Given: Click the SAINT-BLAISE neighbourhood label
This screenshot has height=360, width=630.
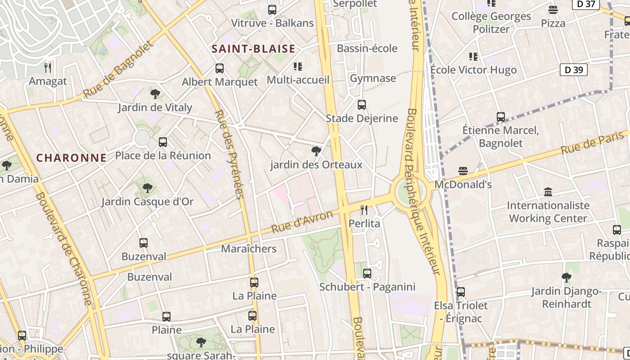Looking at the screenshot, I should (253, 49).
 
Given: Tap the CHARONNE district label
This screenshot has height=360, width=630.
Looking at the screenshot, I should (71, 158).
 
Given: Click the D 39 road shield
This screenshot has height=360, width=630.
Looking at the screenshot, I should (573, 70).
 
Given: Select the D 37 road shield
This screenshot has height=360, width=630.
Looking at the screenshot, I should (586, 4).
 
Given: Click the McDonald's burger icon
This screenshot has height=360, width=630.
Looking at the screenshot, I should (463, 171).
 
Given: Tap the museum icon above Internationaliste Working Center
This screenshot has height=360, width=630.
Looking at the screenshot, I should (548, 192).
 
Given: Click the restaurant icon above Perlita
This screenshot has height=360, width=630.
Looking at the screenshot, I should (364, 210).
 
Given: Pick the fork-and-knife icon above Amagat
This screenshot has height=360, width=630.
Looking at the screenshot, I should (48, 68).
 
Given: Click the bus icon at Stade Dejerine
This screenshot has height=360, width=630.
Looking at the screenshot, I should (361, 105).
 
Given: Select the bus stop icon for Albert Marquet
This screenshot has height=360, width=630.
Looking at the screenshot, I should (219, 68).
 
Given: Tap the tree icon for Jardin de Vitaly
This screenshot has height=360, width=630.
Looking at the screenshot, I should (155, 94).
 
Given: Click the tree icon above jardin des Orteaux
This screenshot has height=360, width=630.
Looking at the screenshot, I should (316, 151).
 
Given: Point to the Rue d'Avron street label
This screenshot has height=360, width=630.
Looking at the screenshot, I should (302, 222).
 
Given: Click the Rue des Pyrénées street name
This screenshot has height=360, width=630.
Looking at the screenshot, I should (229, 154).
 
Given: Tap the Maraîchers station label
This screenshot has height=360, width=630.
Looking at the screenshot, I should (249, 249).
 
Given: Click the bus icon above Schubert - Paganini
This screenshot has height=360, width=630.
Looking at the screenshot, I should (367, 273).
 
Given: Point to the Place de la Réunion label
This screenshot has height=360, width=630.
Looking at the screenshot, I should (163, 156).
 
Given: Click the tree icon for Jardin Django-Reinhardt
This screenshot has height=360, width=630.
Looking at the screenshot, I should (566, 278).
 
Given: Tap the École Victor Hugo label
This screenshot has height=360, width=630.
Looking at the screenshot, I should (473, 70).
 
